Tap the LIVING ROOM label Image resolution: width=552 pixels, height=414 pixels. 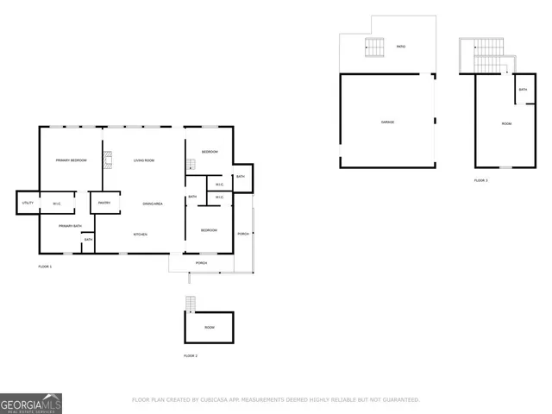(x=143, y=160)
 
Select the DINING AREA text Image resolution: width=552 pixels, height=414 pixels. (x=153, y=204)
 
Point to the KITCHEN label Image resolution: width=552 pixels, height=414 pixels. (x=140, y=235)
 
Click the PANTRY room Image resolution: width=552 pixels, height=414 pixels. (x=103, y=204)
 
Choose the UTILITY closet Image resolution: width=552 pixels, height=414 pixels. (x=26, y=204)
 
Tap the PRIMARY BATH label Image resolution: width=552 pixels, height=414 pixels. (x=70, y=226)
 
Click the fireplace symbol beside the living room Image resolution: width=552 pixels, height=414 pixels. (x=108, y=159)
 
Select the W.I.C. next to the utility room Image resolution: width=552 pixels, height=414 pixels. (x=56, y=204)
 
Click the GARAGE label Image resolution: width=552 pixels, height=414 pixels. (x=387, y=122)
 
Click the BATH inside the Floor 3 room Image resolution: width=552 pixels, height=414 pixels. (x=523, y=89)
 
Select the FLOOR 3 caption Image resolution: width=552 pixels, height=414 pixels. (x=480, y=180)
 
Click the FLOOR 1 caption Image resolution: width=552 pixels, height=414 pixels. (x=45, y=267)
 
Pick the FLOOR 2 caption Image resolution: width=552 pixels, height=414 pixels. (x=191, y=355)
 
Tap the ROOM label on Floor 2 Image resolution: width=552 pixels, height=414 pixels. (x=209, y=328)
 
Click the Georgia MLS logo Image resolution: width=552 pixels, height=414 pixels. (x=31, y=404)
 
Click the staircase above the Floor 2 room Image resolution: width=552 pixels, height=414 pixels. (x=191, y=303)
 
